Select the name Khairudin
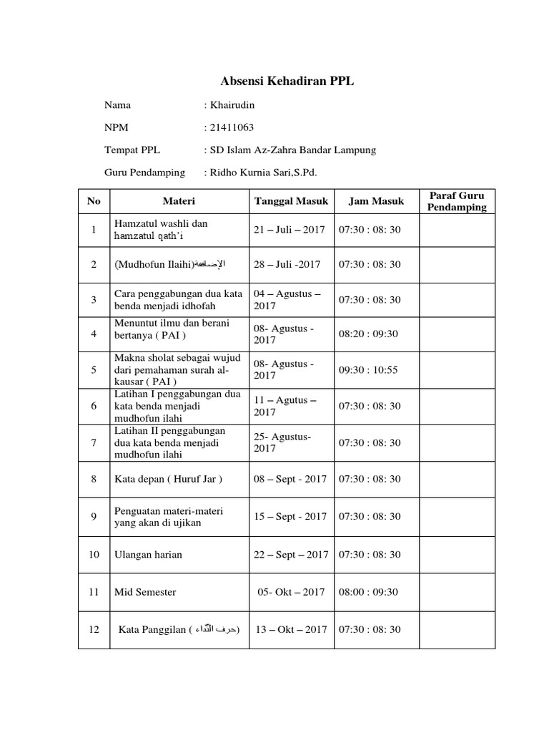click(x=231, y=105)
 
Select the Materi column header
click(x=178, y=201)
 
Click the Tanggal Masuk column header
click(x=291, y=201)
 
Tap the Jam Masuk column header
click(x=376, y=201)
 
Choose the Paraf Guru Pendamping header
click(x=457, y=201)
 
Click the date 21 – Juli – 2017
click(x=289, y=230)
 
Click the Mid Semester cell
click(x=145, y=592)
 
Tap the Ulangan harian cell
click(x=148, y=555)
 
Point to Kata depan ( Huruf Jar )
click(x=168, y=479)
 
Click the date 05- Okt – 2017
click(x=291, y=592)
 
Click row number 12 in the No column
click(x=94, y=629)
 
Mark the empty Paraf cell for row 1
click(x=457, y=230)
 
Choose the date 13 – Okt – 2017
click(x=291, y=629)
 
